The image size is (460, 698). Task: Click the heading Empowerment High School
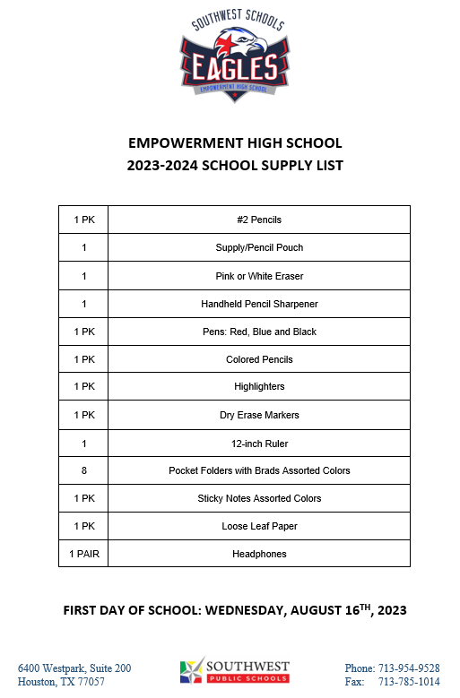(x=235, y=143)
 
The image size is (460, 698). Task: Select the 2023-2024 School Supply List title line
(x=235, y=165)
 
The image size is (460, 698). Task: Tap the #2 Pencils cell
(x=259, y=220)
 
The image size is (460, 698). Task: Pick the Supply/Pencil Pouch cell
(x=259, y=247)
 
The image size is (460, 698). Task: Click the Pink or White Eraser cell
(x=259, y=276)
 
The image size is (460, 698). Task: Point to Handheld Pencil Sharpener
(x=259, y=304)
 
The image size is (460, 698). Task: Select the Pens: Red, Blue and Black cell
(x=259, y=332)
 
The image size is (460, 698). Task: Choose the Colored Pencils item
(x=259, y=359)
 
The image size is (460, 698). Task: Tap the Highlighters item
(x=259, y=387)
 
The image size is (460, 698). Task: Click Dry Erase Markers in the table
(x=259, y=415)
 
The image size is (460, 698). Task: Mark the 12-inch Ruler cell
(x=259, y=443)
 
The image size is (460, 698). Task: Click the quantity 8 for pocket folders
(x=83, y=470)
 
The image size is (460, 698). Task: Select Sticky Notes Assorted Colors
(x=259, y=498)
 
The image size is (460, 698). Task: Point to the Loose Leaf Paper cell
(x=259, y=526)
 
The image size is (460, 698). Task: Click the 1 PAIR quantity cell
(x=83, y=554)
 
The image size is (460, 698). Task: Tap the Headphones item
(x=259, y=554)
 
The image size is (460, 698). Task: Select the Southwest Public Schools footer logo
(x=235, y=670)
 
